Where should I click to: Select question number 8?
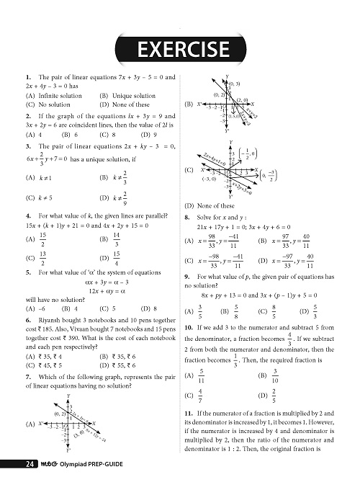[x=188, y=216]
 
